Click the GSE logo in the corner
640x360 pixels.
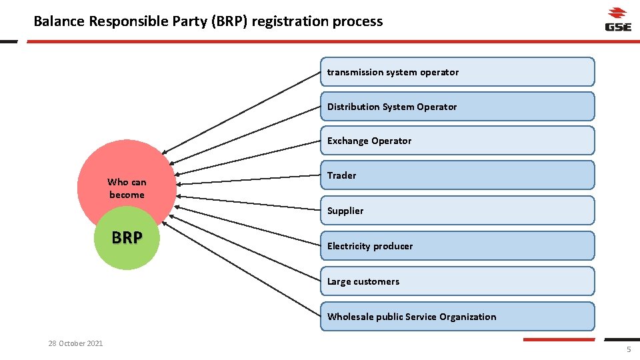click(x=617, y=19)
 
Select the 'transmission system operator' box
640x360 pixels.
click(x=457, y=72)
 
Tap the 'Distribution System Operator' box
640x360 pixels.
click(x=457, y=107)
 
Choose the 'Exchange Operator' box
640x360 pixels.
click(x=457, y=141)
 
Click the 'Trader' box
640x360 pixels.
click(x=457, y=175)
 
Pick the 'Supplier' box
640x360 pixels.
click(x=457, y=211)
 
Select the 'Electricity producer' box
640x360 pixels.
click(x=457, y=246)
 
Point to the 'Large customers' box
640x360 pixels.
click(x=457, y=281)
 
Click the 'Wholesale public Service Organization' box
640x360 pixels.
click(x=457, y=317)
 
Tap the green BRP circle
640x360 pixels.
click(x=127, y=243)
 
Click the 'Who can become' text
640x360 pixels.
click(x=127, y=188)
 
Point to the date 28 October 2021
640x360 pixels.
click(x=75, y=343)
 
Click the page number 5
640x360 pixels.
click(x=628, y=351)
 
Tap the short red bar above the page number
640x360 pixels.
click(x=558, y=339)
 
